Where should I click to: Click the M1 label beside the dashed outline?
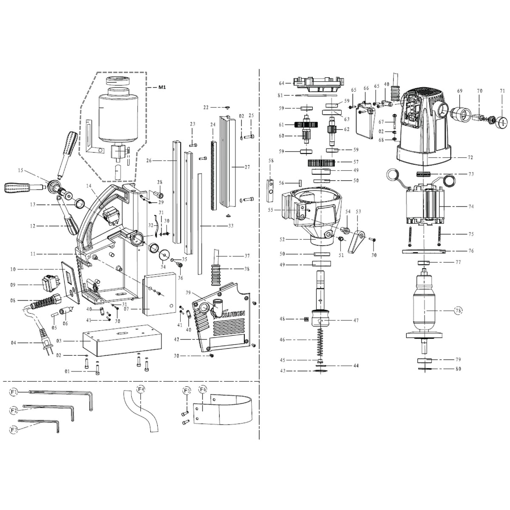pyautogui.click(x=162, y=88)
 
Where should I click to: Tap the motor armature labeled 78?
pyautogui.click(x=424, y=306)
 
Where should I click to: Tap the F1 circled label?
pyautogui.click(x=14, y=392)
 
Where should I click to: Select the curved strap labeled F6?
pyautogui.click(x=225, y=411)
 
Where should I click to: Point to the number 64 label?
pyautogui.click(x=281, y=83)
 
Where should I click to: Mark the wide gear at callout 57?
pyautogui.click(x=322, y=162)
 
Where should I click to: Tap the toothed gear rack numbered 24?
pyautogui.click(x=213, y=174)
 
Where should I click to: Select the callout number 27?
pyautogui.click(x=247, y=167)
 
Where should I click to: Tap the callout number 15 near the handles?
pyautogui.click(x=20, y=170)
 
